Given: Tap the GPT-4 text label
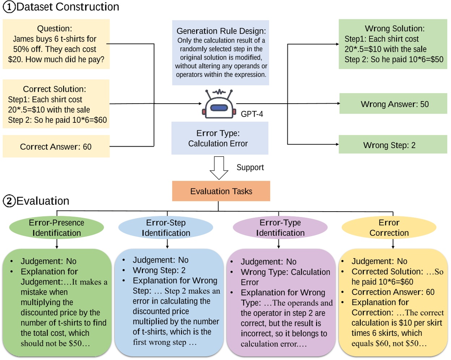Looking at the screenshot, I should tap(252, 114).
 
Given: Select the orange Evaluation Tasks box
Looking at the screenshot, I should tap(221, 191).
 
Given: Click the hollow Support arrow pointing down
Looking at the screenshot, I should tap(219, 168).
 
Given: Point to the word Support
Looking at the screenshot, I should tap(250, 168).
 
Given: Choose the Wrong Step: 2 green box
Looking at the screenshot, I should tap(392, 145).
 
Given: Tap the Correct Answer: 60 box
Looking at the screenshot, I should tap(56, 147).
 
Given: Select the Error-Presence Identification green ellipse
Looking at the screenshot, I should tap(56, 227).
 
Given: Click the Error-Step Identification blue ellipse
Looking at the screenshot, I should tap(166, 227).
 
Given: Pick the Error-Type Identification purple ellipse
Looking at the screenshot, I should tap(280, 227).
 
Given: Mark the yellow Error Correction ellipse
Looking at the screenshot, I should tap(389, 227).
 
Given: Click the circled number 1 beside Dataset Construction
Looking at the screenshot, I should tap(9, 7).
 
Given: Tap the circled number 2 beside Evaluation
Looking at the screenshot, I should tap(9, 201).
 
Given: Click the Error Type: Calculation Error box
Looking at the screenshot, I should tap(219, 138).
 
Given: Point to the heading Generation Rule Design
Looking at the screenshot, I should tap(221, 31).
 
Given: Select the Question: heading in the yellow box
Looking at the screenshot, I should tap(55, 29).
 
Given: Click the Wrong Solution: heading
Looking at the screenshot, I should tap(395, 29).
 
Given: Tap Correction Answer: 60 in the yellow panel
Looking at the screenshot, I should tap(393, 292).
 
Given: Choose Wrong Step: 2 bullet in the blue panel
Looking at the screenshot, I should tap(159, 270).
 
